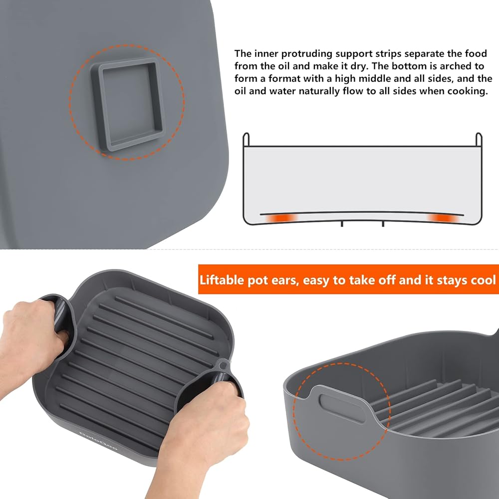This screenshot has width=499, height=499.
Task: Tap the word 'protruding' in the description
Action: [307, 54]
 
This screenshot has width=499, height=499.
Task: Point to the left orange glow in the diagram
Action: [280, 219]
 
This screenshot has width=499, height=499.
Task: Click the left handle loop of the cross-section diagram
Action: [246, 139]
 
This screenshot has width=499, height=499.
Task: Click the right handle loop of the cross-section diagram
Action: [479, 139]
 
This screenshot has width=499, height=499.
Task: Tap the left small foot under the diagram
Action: [342, 224]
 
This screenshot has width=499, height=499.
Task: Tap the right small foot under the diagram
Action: [383, 224]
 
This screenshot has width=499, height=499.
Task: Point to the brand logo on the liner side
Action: [98, 441]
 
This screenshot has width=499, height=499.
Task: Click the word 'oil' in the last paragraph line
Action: [241, 91]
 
